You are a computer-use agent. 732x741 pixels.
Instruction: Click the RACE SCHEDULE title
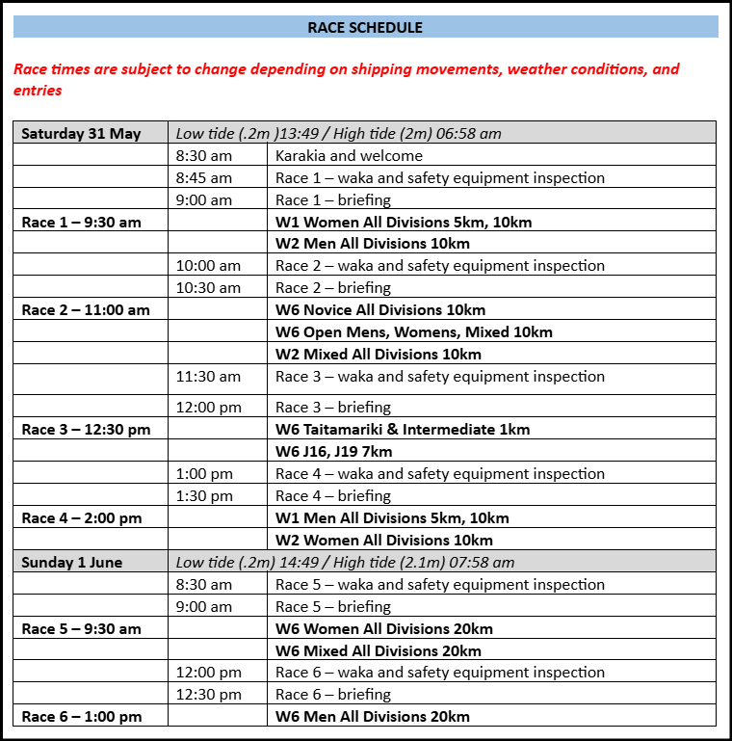pos(365,27)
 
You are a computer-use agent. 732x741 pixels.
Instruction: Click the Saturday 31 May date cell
pos(81,133)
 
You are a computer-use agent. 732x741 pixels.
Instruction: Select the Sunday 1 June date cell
pos(72,562)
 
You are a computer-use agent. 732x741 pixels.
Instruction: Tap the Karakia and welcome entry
pos(349,155)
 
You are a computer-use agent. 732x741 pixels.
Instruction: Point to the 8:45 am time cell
pos(204,177)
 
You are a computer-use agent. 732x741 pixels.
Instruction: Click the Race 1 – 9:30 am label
pos(81,222)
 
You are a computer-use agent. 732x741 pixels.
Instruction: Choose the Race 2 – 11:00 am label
pos(86,309)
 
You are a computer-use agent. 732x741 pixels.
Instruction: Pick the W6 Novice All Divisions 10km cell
pos(380,309)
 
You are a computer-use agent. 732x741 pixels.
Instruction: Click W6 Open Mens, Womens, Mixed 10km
pos(414,331)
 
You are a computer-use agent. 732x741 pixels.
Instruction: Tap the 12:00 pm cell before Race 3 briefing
pos(209,407)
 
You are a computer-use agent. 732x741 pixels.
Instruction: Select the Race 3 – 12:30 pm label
pos(86,429)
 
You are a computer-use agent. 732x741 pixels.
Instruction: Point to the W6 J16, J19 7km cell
pos(333,451)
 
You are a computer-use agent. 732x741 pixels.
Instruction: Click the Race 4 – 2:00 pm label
pos(81,517)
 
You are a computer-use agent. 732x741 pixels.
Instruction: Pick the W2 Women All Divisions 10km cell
pos(384,540)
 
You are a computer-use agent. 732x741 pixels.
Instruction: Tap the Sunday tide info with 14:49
pos(345,562)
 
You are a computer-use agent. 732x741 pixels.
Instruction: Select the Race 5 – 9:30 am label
pos(81,628)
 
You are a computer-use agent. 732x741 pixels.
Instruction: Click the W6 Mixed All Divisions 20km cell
pos(379,650)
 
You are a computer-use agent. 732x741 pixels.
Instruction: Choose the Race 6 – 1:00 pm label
pos(81,716)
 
